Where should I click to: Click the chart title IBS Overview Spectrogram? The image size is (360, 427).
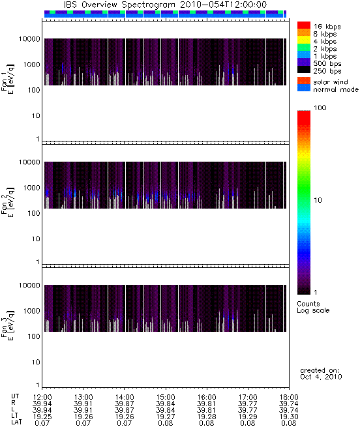(119, 5)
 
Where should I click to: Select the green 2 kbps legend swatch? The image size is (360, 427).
(304, 48)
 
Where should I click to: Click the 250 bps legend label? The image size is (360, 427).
(327, 71)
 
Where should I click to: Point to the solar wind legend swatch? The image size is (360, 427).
(304, 81)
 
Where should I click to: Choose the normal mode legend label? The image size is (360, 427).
(336, 89)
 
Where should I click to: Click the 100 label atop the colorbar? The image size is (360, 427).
(320, 108)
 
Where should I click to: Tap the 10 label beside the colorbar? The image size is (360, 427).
(318, 200)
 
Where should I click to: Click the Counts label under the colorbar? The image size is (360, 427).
(308, 304)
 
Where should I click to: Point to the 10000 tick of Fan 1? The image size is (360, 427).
(29, 39)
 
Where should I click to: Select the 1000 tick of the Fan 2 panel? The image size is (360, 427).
(31, 188)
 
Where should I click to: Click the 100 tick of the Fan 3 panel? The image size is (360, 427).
(34, 336)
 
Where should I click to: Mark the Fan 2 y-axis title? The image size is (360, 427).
(8, 202)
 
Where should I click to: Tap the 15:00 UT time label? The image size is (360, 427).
(166, 397)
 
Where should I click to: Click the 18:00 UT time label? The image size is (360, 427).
(289, 397)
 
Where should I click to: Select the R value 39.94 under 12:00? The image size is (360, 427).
(42, 404)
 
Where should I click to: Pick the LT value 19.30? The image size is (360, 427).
(289, 417)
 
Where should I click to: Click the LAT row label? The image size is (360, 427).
(16, 422)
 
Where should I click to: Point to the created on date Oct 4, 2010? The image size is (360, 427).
(321, 377)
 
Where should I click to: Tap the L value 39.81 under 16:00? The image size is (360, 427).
(207, 410)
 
